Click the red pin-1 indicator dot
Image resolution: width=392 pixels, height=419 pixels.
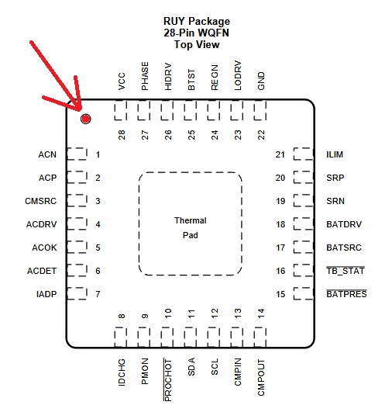coord(85,119)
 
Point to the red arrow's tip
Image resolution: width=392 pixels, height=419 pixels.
coord(80,110)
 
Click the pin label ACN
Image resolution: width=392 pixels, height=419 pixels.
coord(47,154)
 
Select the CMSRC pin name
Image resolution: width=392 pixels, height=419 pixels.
coord(40,201)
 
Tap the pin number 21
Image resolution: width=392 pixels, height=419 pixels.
coord(280,154)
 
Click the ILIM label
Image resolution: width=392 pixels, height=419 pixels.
coord(335,154)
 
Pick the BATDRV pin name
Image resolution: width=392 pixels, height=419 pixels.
coord(344,224)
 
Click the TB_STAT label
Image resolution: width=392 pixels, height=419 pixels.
coord(346,271)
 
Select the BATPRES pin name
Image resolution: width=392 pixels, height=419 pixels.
coord(346,294)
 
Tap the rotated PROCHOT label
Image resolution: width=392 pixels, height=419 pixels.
coord(167,380)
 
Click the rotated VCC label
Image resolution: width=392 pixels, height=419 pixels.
coord(122,81)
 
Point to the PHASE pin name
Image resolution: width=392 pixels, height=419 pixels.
coord(145,76)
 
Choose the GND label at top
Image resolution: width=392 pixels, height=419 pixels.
coord(261,81)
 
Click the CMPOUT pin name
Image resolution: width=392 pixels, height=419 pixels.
coord(261,377)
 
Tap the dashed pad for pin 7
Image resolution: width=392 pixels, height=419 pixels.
coord(77,293)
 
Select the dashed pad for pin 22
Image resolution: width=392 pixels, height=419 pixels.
coord(260,110)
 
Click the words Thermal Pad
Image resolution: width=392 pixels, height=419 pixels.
coord(191,228)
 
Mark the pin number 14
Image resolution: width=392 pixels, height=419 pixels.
coord(261,313)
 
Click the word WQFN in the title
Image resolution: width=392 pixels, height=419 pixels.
coord(214,33)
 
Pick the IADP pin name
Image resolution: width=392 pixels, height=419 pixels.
coord(46,294)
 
